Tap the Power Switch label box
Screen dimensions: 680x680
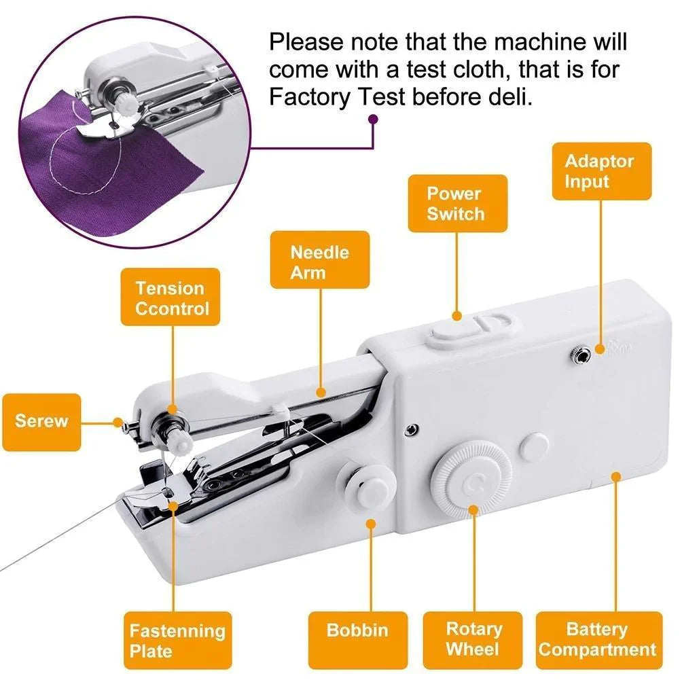(457, 204)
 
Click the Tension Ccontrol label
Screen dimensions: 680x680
(171, 298)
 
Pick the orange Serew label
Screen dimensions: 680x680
(41, 422)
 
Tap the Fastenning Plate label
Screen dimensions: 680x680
(177, 641)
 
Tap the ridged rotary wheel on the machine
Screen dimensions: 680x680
(473, 482)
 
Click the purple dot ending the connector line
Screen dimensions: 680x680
(372, 120)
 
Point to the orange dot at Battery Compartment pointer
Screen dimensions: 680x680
(616, 476)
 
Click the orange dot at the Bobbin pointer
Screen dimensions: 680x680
(371, 524)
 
